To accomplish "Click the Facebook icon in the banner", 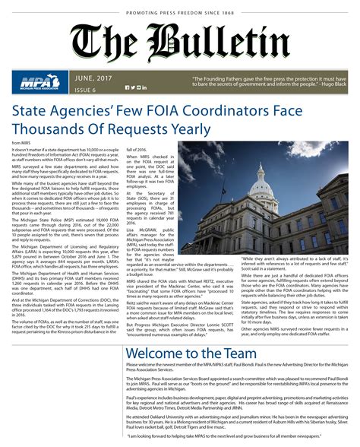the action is (127, 88).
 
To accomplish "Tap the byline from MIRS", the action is (21, 143).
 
